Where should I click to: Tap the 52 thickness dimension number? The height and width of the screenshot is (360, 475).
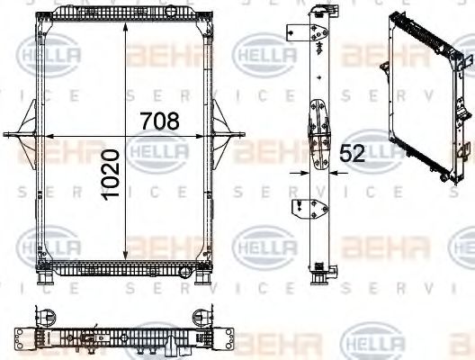click(x=353, y=154)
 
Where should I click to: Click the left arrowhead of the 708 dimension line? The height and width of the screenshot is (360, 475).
click(x=50, y=135)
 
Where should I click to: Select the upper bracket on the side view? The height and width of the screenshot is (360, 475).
click(x=293, y=32)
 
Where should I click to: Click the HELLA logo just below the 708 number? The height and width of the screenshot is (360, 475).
click(x=158, y=152)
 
